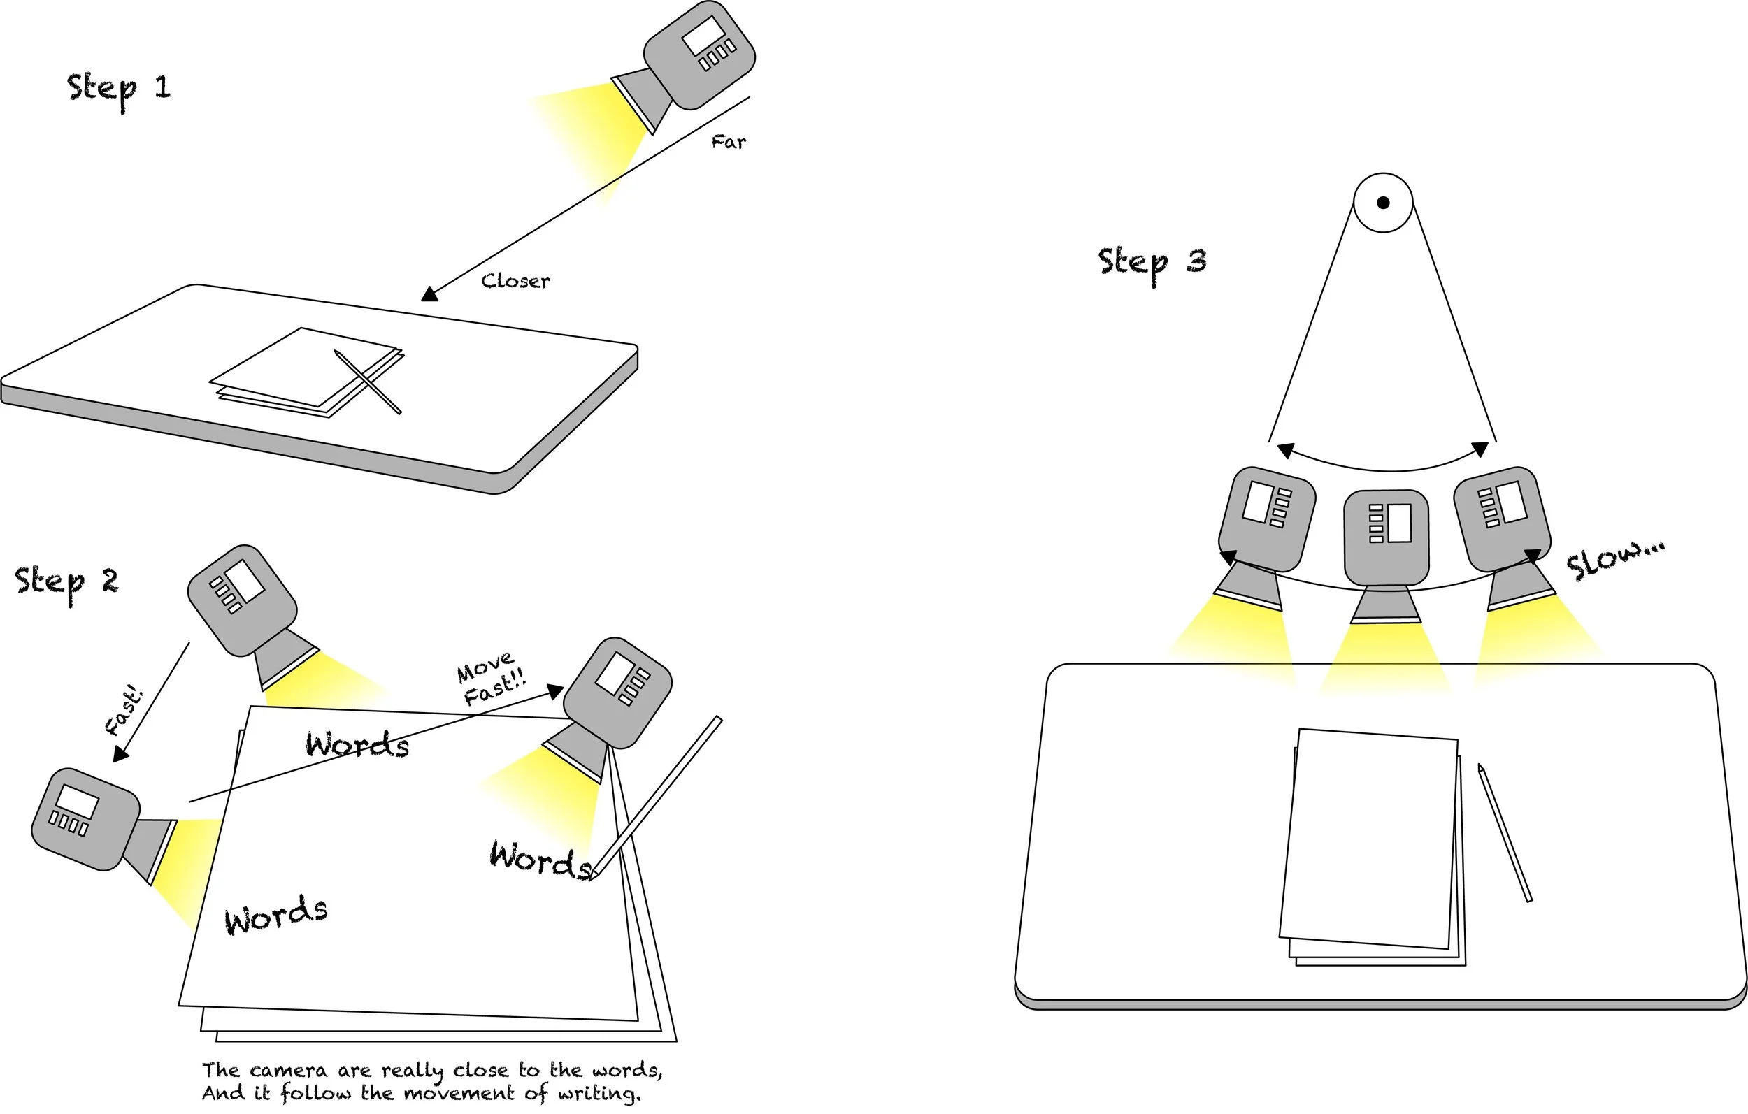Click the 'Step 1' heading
tap(119, 91)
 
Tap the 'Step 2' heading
tap(66, 584)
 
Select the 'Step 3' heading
tap(1152, 264)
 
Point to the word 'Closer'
tap(515, 281)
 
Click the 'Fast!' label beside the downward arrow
tap(124, 710)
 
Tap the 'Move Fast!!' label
tap(491, 679)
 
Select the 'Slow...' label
tap(1614, 561)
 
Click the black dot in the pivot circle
tap(1383, 203)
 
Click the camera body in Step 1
tap(699, 55)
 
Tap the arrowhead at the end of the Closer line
tap(430, 294)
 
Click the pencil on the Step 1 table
tap(368, 382)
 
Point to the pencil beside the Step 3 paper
tap(1505, 833)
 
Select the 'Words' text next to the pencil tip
tap(540, 860)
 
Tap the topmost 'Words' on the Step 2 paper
tap(357, 744)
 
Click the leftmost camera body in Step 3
tap(1267, 519)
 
